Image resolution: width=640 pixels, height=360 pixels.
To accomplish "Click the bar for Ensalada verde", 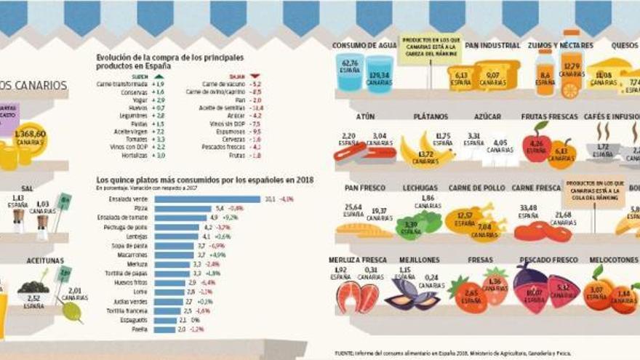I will pyautogui.click(x=207, y=199).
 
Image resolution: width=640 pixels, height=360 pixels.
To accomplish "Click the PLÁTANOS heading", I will pyautogui.click(x=431, y=116).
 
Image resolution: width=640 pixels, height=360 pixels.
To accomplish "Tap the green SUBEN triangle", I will pyautogui.click(x=159, y=76).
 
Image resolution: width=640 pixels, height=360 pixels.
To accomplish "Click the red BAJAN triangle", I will pyautogui.click(x=255, y=76).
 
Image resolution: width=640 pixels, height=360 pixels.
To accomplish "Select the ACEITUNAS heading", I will pyautogui.click(x=44, y=260).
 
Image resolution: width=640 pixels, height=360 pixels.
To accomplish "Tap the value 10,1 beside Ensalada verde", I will pyautogui.click(x=269, y=199).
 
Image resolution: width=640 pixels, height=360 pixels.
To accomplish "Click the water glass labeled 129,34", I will pyautogui.click(x=379, y=73).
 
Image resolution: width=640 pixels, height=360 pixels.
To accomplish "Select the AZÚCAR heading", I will pyautogui.click(x=487, y=116).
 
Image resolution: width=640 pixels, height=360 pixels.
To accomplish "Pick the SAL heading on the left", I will pyautogui.click(x=27, y=188).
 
